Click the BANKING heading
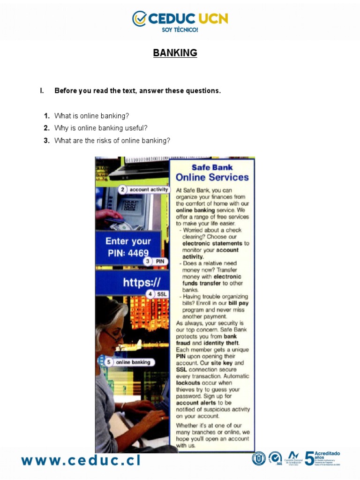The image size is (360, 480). pos(175,53)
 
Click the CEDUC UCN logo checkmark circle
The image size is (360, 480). pos(139,19)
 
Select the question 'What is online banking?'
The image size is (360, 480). pos(91,116)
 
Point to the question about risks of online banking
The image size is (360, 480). pos(112,140)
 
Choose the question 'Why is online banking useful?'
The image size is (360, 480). pos(101,128)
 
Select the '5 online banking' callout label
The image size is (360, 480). pos(128,362)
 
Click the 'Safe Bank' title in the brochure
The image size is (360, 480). pos(212,167)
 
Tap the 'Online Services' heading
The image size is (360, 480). pos(212,178)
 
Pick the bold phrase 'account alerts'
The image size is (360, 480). pos(196,402)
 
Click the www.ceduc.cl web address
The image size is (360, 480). pos(81,460)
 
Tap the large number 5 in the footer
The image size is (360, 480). pos(310,459)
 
